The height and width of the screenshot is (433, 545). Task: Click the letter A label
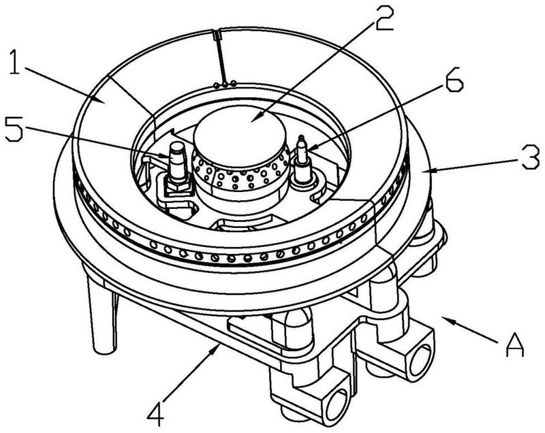(x=516, y=348)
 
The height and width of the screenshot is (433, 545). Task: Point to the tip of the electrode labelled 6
(x=300, y=140)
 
